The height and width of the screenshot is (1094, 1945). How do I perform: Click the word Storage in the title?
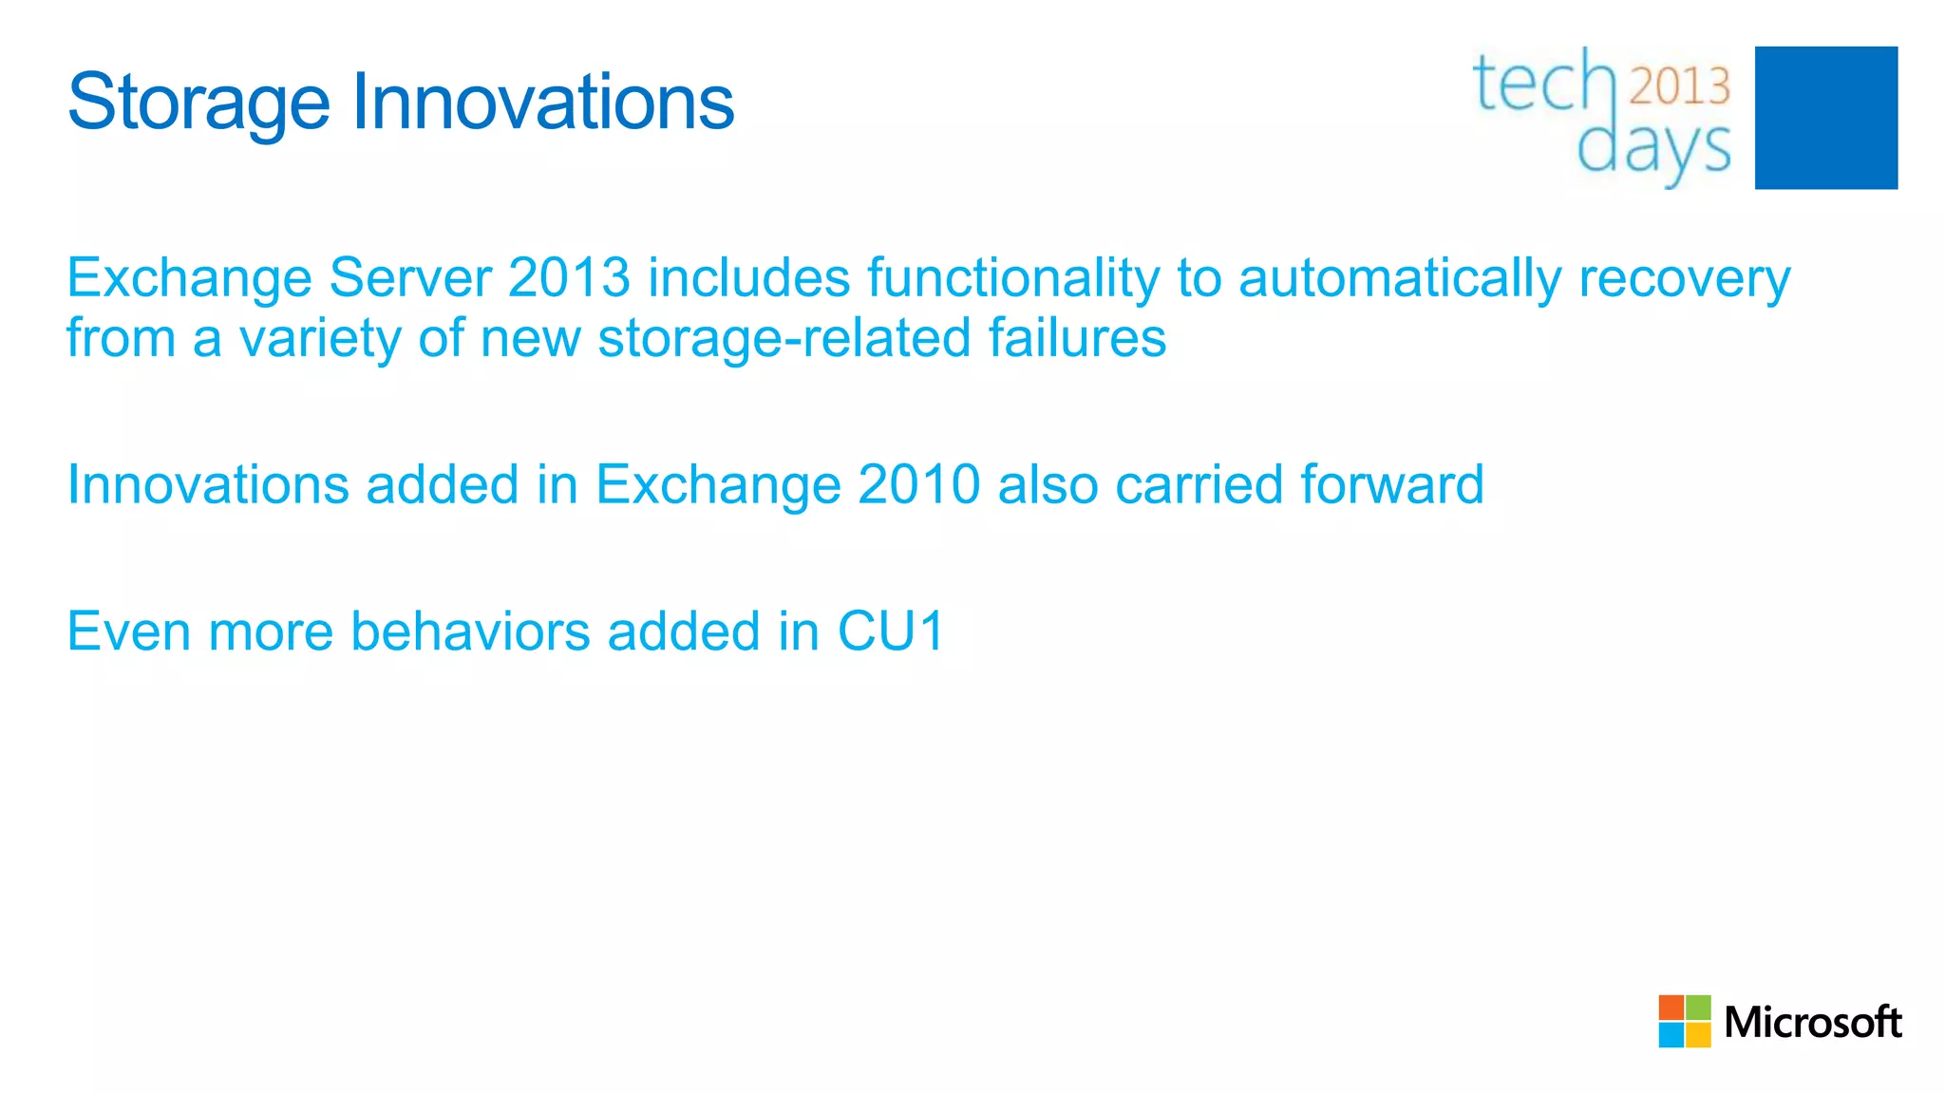pos(198,103)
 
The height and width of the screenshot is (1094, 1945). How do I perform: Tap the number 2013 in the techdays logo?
pos(1680,86)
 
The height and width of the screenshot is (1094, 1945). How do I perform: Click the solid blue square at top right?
pos(1825,118)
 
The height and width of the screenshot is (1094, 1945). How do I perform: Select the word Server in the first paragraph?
pos(410,278)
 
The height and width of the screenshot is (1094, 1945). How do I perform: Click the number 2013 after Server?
pos(569,278)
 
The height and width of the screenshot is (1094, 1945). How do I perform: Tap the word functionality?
pos(1012,278)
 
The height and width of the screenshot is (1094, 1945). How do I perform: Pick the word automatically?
pos(1400,278)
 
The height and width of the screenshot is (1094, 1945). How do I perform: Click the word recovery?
pos(1684,278)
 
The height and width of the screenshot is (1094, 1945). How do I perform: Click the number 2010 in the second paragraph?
pos(918,484)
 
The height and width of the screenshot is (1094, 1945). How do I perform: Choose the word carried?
pos(1199,484)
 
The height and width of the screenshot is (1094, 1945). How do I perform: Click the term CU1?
pos(891,632)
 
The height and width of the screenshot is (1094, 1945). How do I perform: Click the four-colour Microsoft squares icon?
pos(1684,1021)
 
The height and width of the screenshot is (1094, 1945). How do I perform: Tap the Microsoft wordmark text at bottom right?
pos(1812,1022)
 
